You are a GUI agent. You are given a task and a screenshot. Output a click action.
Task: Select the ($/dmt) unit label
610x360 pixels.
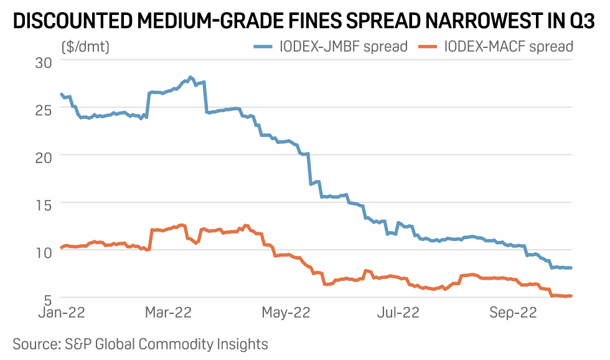point(85,46)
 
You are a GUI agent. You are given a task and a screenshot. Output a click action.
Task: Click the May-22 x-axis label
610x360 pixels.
point(286,313)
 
